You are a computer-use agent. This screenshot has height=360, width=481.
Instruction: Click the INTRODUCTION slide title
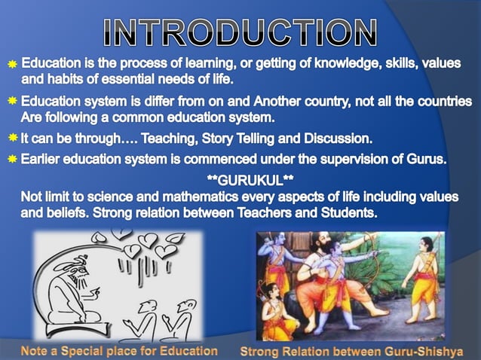pos(240,32)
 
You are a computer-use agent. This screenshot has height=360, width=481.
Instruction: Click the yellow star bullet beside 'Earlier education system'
pos(12,160)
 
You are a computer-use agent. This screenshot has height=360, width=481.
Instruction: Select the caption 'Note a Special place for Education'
pos(119,350)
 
